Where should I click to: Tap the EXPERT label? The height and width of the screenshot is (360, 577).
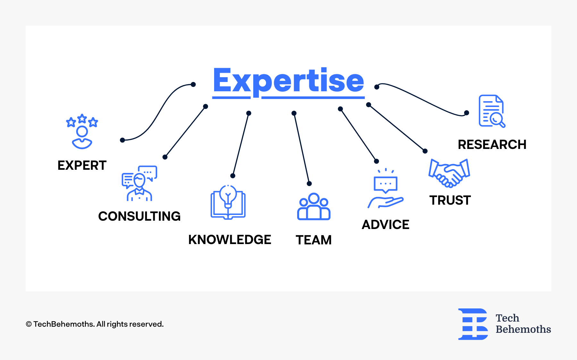tap(82, 165)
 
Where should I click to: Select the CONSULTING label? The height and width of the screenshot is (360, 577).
tap(139, 216)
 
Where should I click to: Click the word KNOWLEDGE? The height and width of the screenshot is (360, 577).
tap(230, 240)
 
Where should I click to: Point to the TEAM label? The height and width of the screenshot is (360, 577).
tap(314, 240)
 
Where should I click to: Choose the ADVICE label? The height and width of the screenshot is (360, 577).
tap(385, 225)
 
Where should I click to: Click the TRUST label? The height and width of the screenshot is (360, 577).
tap(450, 200)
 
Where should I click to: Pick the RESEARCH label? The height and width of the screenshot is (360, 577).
tap(492, 144)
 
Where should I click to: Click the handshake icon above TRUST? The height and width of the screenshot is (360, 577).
tap(449, 173)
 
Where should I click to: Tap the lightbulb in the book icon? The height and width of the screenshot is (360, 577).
tap(228, 195)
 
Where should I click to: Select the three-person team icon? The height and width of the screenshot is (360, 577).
tap(314, 207)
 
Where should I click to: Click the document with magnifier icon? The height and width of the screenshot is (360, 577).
tap(492, 111)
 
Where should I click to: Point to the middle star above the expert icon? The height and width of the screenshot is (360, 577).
tap(82, 119)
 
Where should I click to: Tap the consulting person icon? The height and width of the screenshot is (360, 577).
tap(139, 187)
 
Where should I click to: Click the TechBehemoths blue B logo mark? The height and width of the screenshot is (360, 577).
tap(473, 324)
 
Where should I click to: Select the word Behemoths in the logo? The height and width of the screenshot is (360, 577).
tap(523, 329)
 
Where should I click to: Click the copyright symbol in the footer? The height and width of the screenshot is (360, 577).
tap(29, 324)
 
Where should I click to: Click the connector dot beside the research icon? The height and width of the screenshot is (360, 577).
tap(467, 113)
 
